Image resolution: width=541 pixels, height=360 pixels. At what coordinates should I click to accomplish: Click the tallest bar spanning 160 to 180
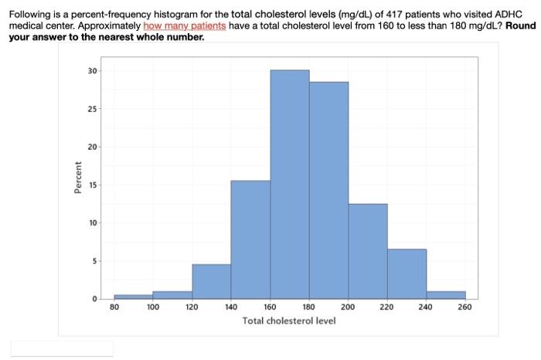coord(290,185)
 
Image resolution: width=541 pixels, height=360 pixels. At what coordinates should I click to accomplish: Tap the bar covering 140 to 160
coord(250,239)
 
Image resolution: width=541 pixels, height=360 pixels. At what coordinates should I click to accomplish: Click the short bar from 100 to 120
coord(172,294)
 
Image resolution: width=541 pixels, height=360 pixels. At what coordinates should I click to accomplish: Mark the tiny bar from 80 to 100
coord(133,297)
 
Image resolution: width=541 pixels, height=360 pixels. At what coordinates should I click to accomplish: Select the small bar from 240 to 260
coord(446,294)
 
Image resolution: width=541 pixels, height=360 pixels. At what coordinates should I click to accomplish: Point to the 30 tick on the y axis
coord(94,71)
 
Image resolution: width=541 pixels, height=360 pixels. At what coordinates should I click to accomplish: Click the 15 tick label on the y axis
coord(94,185)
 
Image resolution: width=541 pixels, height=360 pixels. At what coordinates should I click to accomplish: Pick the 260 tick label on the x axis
coord(464,307)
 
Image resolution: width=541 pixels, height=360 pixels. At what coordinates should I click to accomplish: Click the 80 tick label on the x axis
coord(114,307)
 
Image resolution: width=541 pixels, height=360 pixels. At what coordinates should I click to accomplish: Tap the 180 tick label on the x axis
coord(308,307)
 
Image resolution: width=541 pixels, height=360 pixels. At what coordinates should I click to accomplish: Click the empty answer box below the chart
coord(62,348)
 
